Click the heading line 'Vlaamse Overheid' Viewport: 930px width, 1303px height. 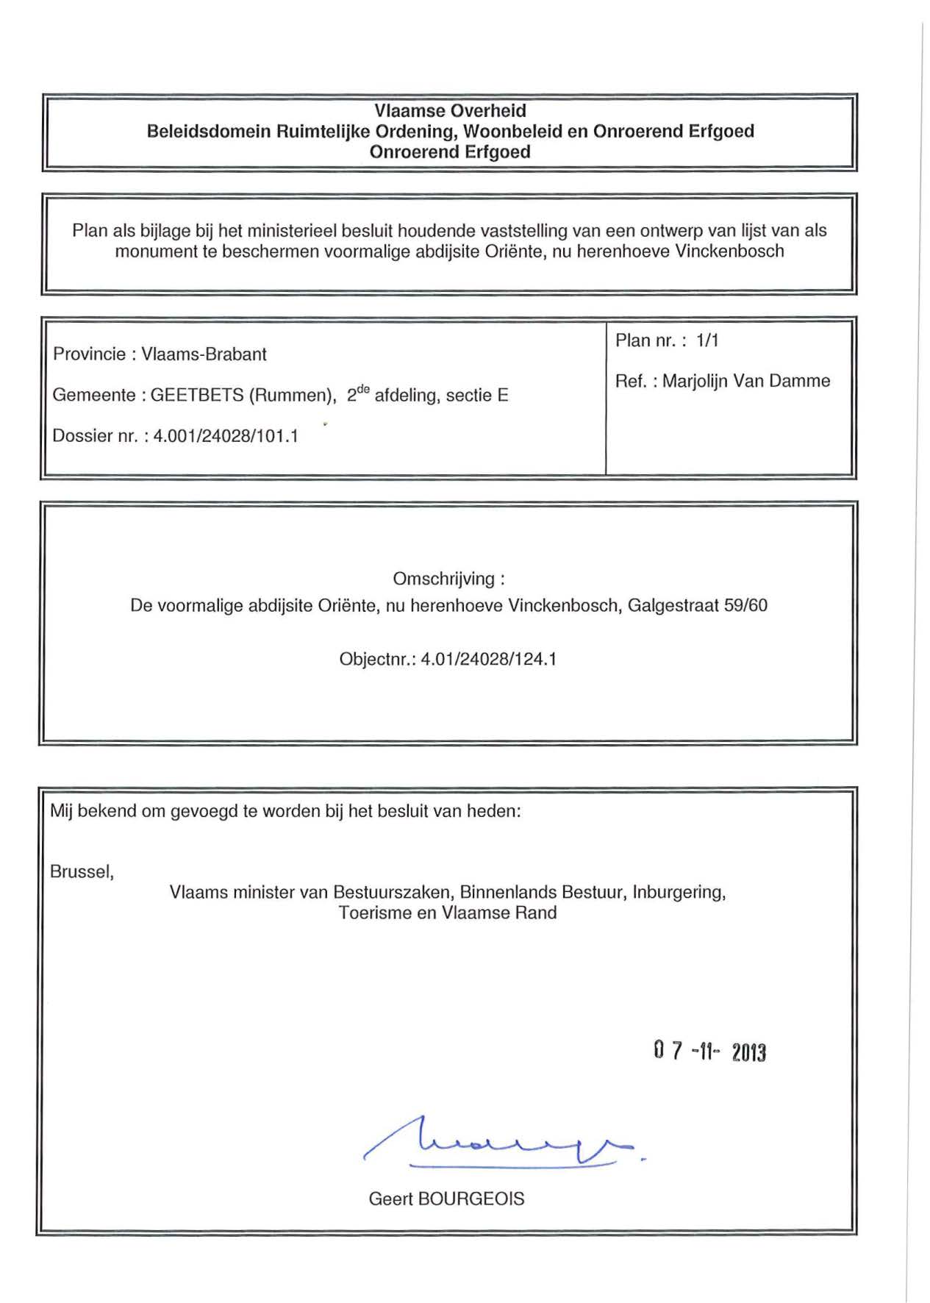coord(450,111)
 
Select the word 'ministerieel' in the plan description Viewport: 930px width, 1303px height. coord(293,231)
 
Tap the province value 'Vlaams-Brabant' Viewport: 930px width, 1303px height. coord(204,354)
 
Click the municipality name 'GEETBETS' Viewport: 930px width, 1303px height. coord(197,396)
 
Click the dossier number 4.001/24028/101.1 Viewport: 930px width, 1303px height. coord(226,436)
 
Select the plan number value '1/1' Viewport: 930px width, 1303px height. coord(707,340)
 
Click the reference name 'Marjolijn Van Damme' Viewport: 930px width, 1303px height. coord(746,381)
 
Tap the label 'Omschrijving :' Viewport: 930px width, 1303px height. coord(448,579)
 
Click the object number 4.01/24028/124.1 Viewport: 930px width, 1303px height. coord(488,659)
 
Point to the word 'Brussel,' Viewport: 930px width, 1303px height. coord(82,872)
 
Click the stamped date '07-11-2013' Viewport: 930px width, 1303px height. coord(709,1052)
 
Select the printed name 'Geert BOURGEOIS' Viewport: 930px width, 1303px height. coord(446,1199)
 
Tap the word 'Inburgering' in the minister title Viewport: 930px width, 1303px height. coord(679,893)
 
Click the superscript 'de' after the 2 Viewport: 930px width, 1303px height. coord(362,389)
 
